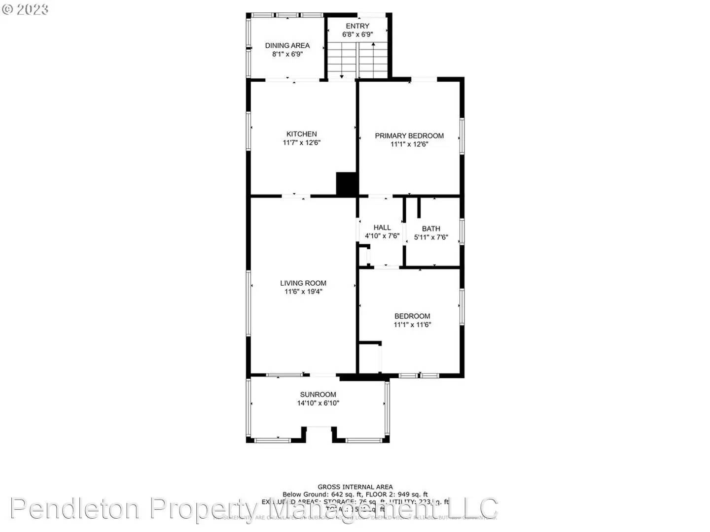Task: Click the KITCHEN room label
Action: click(301, 134)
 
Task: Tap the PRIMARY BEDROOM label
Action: click(409, 135)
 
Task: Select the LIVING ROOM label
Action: click(303, 283)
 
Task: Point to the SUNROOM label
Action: click(318, 394)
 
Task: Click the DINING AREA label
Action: click(287, 45)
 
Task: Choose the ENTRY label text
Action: click(357, 26)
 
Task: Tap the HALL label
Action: click(382, 227)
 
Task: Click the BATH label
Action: click(431, 229)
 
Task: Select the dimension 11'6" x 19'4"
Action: click(303, 292)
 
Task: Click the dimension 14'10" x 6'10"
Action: click(318, 403)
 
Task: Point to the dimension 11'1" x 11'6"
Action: click(412, 325)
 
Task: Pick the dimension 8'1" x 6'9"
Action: click(287, 54)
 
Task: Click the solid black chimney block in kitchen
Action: click(347, 184)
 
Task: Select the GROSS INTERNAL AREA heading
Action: click(355, 487)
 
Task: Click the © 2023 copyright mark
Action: click(25, 9)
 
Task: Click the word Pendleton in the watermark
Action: click(74, 508)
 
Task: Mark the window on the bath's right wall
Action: click(462, 232)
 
